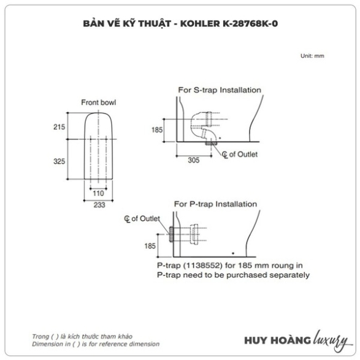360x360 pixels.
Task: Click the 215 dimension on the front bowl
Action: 59,127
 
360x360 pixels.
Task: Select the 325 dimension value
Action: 59,161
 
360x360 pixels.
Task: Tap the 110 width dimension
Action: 98,193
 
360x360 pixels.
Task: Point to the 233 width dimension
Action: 99,205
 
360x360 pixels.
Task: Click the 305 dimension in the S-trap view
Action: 194,160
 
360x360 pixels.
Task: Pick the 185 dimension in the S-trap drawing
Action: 157,130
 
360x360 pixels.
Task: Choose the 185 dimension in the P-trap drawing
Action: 150,246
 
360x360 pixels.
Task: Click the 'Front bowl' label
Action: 99,102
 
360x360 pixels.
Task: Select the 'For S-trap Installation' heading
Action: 220,90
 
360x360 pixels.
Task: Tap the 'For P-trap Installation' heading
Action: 215,204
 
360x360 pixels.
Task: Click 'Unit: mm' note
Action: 312,56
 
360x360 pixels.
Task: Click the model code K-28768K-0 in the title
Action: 250,24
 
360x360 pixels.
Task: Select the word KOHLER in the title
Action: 200,24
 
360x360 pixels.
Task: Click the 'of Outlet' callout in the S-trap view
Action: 243,155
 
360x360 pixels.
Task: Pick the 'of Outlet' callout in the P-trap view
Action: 145,218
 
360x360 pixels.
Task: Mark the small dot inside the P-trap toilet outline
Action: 233,253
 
